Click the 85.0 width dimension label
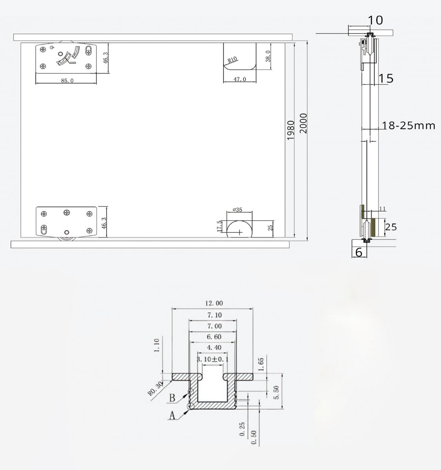[x=67, y=80]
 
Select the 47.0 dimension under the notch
[x=240, y=79]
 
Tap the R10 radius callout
[x=232, y=60]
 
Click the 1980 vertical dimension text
[x=291, y=130]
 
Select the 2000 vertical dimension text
[x=303, y=123]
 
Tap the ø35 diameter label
[x=237, y=210]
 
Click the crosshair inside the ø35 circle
[x=239, y=232]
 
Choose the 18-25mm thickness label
[x=409, y=125]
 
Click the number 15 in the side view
[x=386, y=78]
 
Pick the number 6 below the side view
[x=359, y=253]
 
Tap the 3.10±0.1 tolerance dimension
[x=212, y=359]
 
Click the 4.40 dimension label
[x=212, y=347]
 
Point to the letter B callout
[x=172, y=398]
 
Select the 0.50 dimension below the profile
[x=254, y=437]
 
